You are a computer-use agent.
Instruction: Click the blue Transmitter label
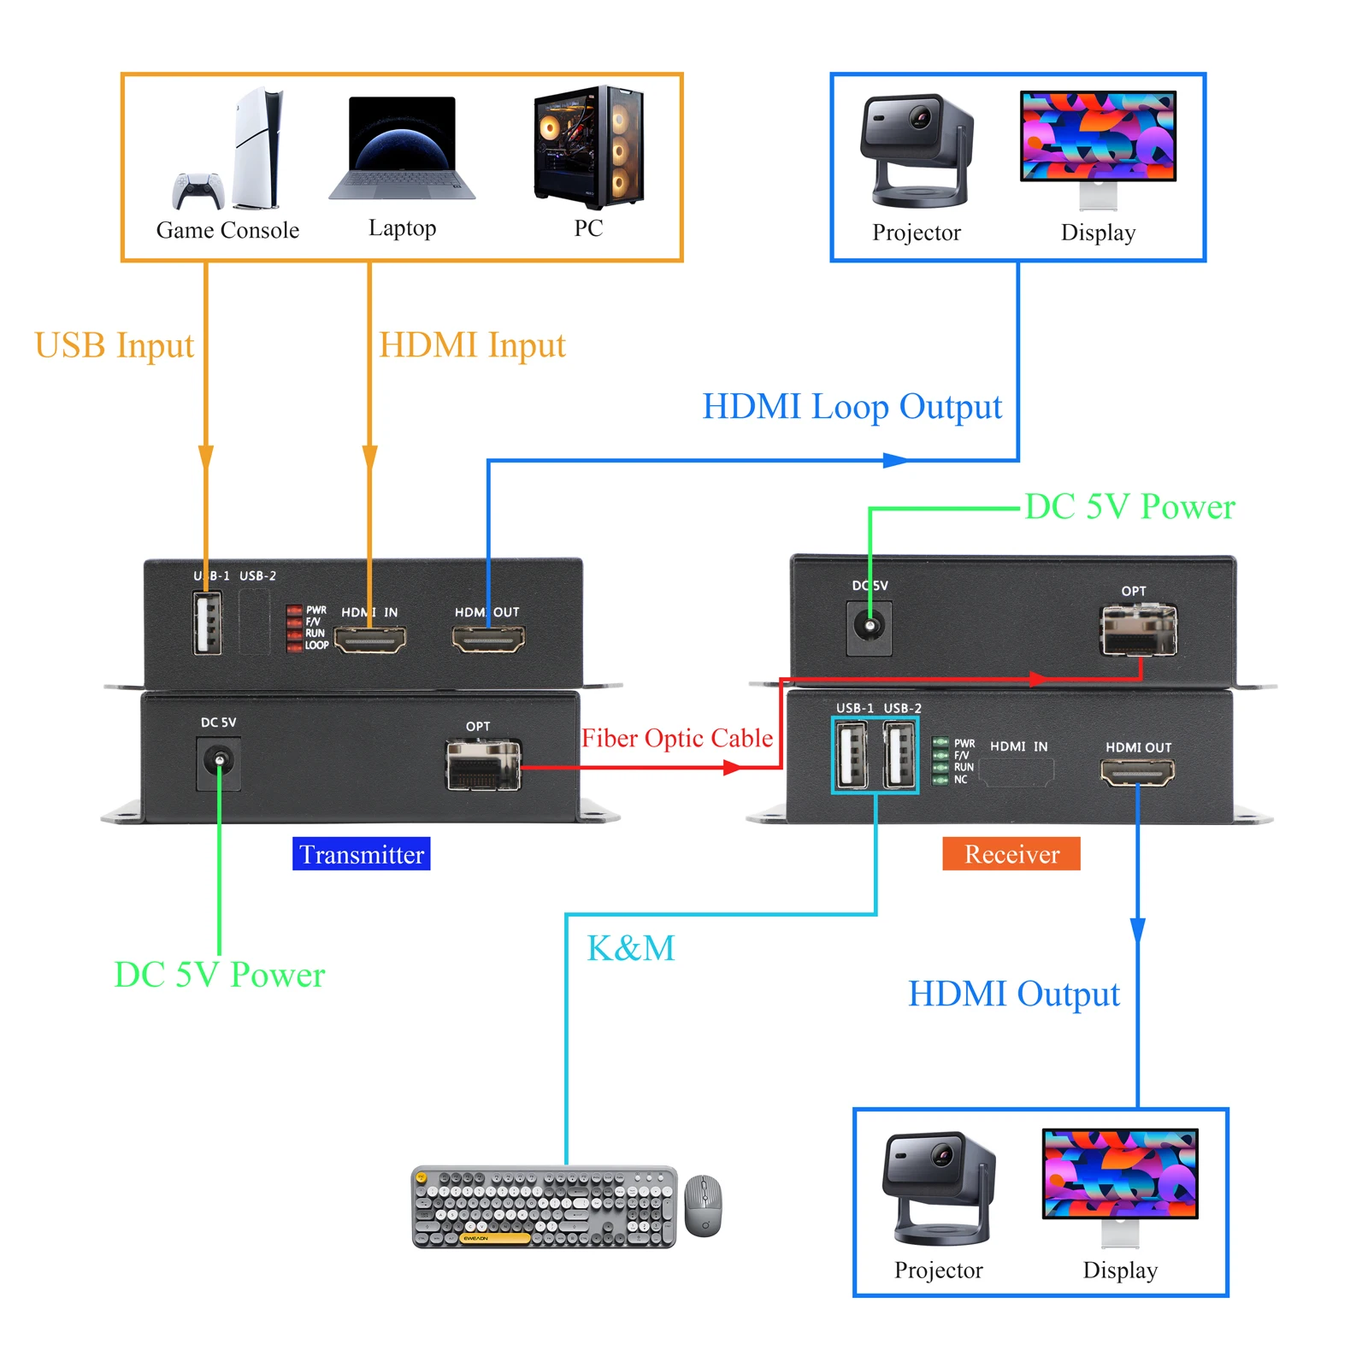pos(361,854)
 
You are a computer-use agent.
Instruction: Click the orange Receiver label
pos(1011,854)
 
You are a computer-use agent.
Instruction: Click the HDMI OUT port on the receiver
pos(1137,772)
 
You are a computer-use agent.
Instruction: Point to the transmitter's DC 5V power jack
pos(219,760)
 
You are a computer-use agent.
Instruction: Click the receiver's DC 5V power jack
pos(870,627)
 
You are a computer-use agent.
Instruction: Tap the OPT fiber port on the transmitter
pos(483,764)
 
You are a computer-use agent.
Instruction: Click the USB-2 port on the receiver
pos(899,755)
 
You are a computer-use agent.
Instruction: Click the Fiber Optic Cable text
pos(677,738)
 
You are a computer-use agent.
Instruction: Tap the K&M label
pos(631,948)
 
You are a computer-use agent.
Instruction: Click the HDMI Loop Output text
pos(852,407)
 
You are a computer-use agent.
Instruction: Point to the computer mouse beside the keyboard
pos(704,1206)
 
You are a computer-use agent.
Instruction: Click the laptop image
pos(402,148)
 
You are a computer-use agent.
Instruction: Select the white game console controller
pos(198,190)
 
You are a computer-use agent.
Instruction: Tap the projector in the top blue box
pos(917,150)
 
